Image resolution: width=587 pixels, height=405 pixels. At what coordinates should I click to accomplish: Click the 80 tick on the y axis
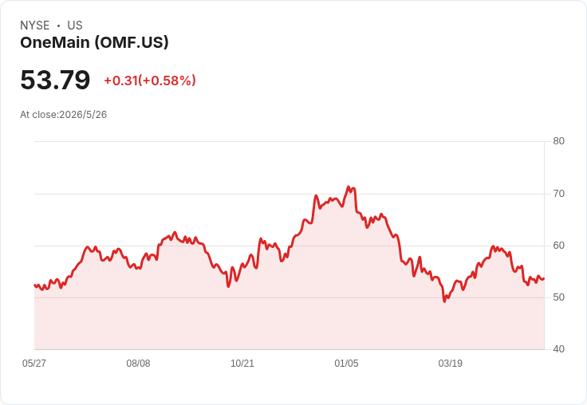(558, 141)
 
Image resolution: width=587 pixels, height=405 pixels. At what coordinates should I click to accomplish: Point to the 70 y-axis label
(558, 194)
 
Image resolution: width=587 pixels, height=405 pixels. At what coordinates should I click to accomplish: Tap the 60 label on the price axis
(558, 246)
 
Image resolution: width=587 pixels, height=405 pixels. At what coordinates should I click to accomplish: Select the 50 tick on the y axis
(558, 297)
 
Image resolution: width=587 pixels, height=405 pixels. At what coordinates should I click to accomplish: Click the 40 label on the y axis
(558, 349)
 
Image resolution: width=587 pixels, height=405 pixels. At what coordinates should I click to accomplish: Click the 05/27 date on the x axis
(34, 364)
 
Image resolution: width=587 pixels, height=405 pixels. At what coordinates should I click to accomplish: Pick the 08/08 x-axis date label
(138, 364)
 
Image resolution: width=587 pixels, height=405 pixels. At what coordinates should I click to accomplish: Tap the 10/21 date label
(242, 364)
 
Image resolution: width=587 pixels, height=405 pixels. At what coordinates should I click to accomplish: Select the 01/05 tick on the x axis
(346, 364)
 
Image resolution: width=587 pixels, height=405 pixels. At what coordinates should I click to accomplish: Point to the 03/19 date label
(451, 364)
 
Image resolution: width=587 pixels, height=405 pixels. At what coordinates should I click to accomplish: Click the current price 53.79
(55, 80)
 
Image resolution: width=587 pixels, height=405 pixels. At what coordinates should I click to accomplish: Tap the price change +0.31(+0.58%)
(150, 81)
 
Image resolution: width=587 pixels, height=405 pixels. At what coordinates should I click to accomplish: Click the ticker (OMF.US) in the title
(132, 42)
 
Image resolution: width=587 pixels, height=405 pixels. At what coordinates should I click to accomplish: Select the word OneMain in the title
(55, 42)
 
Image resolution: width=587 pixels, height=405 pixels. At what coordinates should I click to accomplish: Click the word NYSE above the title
(35, 26)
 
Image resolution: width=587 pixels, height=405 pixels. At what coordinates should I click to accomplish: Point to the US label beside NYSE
(75, 26)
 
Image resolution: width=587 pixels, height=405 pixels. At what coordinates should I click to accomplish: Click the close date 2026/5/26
(83, 115)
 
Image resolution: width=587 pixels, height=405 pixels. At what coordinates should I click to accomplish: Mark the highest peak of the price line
(349, 187)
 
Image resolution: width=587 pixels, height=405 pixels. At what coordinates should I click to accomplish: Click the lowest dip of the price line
(445, 301)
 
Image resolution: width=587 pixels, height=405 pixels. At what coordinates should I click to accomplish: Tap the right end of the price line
(544, 278)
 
